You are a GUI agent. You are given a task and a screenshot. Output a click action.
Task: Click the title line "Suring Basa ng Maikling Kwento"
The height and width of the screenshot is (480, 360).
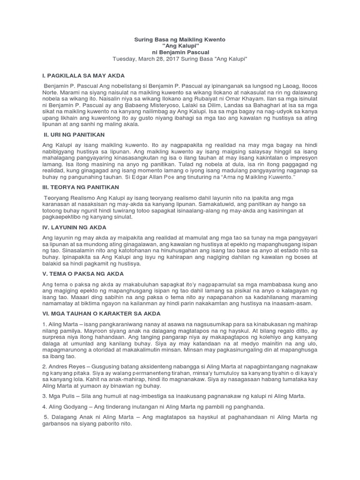pos(180,40)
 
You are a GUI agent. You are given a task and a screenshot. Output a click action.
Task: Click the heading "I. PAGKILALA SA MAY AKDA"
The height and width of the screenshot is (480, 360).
pos(83,75)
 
